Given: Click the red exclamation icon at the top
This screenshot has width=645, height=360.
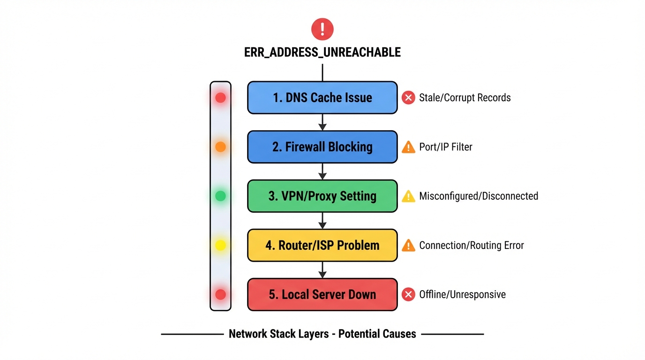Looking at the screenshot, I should (x=322, y=29).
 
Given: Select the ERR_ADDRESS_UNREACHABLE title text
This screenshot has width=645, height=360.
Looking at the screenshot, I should (x=322, y=52).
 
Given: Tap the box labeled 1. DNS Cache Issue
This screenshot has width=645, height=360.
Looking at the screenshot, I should (x=322, y=97).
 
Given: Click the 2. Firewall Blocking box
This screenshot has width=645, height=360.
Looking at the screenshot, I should (x=322, y=147).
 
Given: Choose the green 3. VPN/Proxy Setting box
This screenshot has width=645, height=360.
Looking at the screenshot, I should (x=322, y=196).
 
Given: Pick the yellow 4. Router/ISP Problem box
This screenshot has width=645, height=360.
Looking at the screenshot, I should (x=322, y=245).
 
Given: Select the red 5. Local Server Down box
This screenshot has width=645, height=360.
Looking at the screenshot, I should (x=322, y=294).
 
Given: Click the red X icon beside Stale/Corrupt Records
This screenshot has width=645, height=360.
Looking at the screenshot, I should (x=408, y=97).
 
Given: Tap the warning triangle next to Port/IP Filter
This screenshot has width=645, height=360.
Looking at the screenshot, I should (x=408, y=147).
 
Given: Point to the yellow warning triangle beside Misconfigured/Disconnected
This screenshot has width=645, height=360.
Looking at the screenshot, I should (x=408, y=196).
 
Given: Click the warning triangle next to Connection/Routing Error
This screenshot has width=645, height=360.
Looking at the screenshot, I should (x=408, y=246).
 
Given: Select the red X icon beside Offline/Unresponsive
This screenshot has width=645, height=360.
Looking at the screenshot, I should (x=408, y=294).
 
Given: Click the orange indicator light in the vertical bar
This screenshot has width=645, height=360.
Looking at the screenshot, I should (x=220, y=147).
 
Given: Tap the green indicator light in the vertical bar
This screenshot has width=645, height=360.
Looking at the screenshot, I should (x=220, y=196).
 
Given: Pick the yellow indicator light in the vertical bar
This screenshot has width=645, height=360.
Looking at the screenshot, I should (x=220, y=245).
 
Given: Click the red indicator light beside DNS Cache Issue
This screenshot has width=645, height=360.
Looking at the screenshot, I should (x=220, y=97).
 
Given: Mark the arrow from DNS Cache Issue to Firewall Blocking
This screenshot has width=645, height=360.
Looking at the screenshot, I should (x=322, y=122).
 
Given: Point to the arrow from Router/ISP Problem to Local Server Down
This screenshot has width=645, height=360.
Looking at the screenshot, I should (x=322, y=270).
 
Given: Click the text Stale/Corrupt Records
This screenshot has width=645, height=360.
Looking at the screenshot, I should (x=465, y=97).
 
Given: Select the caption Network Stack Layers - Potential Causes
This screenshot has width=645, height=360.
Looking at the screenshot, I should (x=322, y=334).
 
